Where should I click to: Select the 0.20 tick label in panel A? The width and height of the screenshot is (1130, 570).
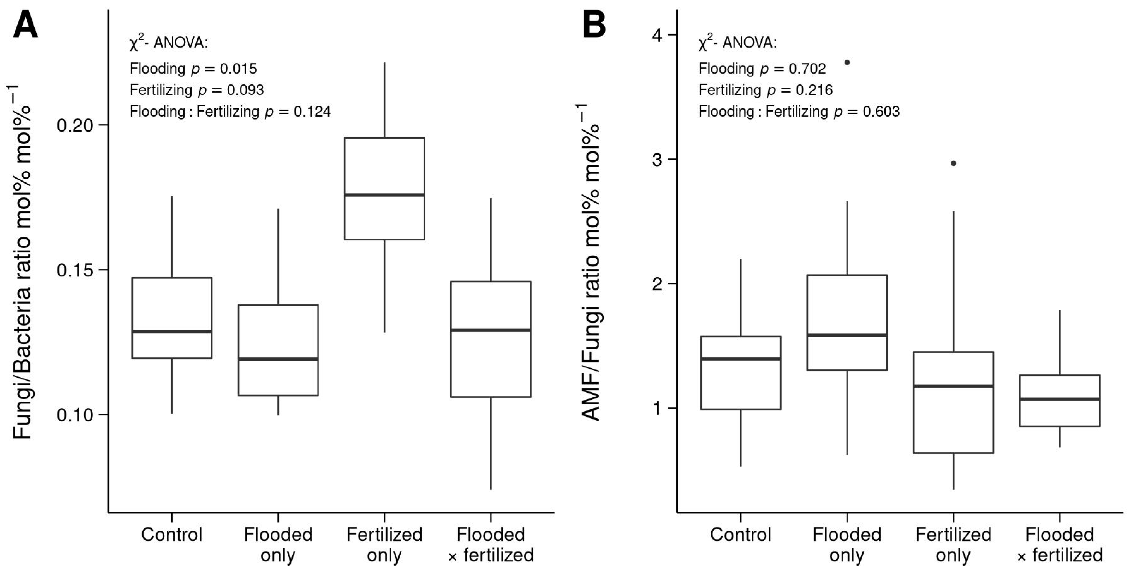pyautogui.click(x=76, y=125)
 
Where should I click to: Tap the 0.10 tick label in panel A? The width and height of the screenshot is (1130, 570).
pyautogui.click(x=76, y=415)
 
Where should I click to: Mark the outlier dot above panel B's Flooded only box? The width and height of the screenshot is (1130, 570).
pyautogui.click(x=847, y=62)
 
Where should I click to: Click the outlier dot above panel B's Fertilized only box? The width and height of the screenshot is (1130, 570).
pyautogui.click(x=953, y=163)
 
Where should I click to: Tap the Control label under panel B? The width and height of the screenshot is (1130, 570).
pyautogui.click(x=740, y=534)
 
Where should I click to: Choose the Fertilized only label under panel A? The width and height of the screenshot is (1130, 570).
pyautogui.click(x=384, y=544)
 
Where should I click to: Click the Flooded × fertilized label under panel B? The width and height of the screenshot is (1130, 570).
pyautogui.click(x=1059, y=544)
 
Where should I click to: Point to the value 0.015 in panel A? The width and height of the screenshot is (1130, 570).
pyautogui.click(x=238, y=69)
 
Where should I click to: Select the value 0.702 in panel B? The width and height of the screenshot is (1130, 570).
pyautogui.click(x=807, y=69)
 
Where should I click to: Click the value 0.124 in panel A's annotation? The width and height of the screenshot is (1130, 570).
pyautogui.click(x=312, y=112)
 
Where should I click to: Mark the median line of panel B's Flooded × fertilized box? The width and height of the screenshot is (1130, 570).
pyautogui.click(x=1059, y=399)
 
